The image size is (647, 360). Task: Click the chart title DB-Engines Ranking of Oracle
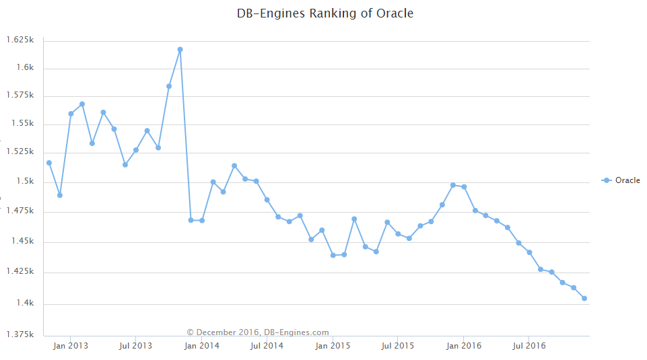point(325,13)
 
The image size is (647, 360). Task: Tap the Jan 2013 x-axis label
point(70,346)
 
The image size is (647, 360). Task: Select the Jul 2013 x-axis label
point(135,346)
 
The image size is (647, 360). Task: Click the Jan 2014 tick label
point(201,346)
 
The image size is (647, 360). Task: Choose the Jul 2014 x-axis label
point(266,346)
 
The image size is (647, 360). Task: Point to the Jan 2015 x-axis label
point(332,346)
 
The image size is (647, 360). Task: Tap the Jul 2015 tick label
point(397,346)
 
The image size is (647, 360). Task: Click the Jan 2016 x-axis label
point(463,346)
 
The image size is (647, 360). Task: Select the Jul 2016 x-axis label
point(529,346)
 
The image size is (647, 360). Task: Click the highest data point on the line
point(180,49)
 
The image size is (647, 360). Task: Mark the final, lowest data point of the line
point(584,298)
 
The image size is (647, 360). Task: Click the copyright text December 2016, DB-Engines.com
point(258,332)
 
